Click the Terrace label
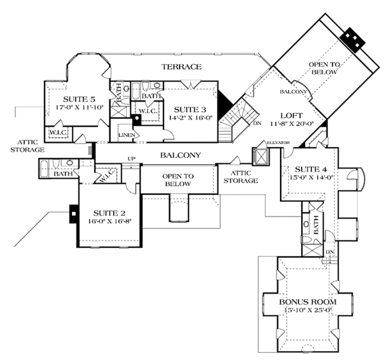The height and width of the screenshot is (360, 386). pos(182,67)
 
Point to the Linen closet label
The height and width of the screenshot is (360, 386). pos(127,135)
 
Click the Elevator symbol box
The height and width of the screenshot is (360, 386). pos(261,157)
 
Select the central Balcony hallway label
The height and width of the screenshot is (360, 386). pos(181,155)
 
